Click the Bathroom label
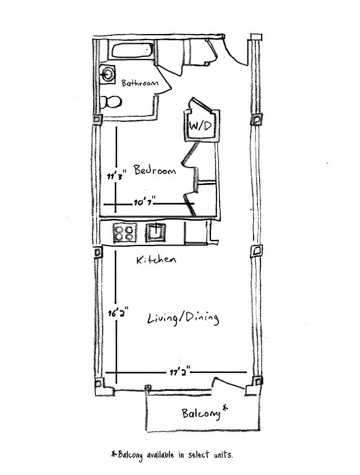140,83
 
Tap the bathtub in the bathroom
133,50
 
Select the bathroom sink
107,74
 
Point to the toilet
111,102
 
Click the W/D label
200,126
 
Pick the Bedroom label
155,170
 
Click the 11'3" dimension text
116,176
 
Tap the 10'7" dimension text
144,201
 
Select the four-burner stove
125,233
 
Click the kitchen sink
155,233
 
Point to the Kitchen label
156,260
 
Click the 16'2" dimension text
118,312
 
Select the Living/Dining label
183,319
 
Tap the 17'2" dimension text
180,371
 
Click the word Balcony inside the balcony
201,414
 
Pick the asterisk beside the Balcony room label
225,408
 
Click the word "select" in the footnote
199,455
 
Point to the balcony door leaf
229,383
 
